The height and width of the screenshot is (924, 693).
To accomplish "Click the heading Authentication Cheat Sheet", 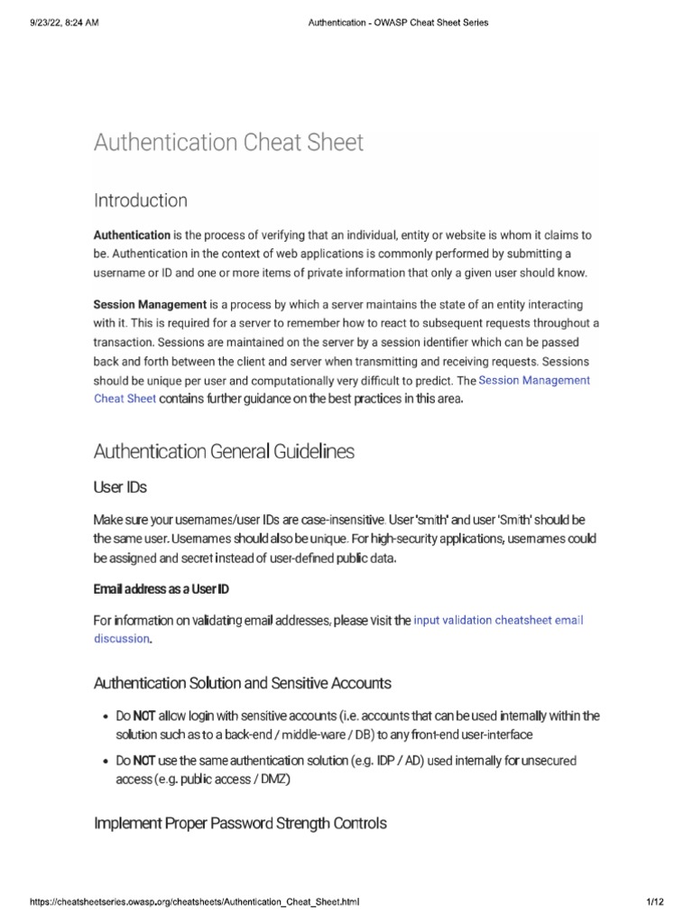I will click(x=228, y=143).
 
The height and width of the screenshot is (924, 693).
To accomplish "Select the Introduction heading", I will click(x=140, y=200).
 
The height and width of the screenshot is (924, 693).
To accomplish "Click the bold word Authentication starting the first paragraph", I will click(x=132, y=236).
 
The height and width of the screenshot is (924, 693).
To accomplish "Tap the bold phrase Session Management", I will click(x=150, y=305).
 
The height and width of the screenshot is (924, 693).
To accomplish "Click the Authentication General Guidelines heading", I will click(x=224, y=450).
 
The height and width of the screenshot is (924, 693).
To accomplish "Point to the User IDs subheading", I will click(x=120, y=487).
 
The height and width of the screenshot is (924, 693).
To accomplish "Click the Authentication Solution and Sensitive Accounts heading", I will click(x=243, y=681).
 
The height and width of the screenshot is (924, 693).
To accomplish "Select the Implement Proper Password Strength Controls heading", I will click(x=240, y=823).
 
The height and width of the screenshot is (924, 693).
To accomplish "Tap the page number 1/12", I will click(x=655, y=901).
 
